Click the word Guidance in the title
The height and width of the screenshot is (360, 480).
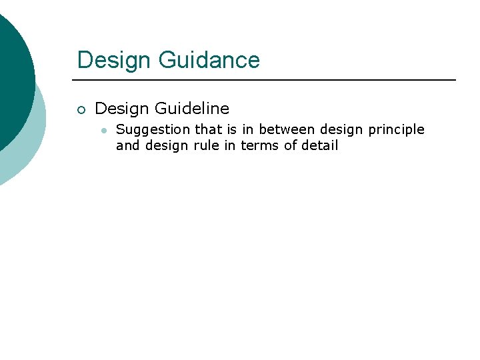coord(209,60)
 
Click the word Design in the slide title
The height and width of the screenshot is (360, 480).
coord(115,60)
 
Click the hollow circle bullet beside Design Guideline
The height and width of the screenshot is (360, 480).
coord(81,109)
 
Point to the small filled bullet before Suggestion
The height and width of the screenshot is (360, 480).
coord(104,130)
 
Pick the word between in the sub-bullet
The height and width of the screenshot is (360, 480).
coord(287,129)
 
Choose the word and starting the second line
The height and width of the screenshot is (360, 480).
coord(127,145)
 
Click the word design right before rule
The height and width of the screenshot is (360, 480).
coord(165,145)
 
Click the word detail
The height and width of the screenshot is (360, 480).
coord(320,145)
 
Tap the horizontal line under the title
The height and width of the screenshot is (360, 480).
coord(267,80)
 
